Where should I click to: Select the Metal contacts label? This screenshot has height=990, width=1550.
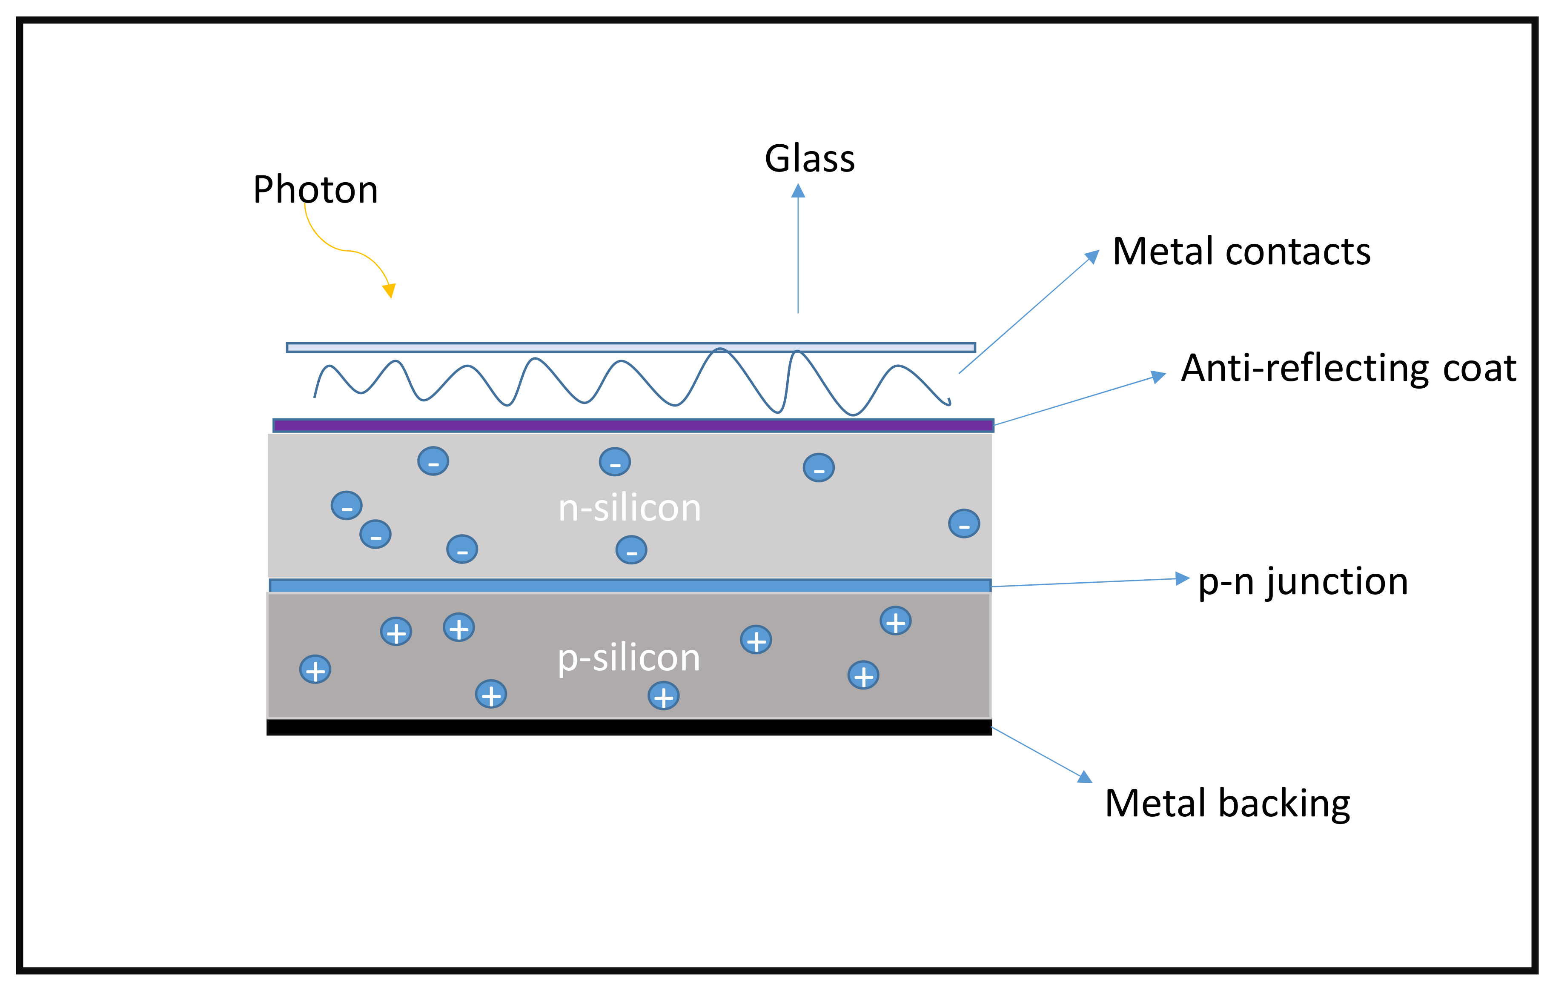pos(1241,251)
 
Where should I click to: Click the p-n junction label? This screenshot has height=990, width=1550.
pos(1302,581)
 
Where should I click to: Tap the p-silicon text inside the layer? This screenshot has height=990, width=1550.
pos(628,658)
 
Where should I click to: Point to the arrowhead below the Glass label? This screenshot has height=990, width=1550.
pos(798,191)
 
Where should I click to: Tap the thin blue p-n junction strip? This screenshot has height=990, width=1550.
pos(630,585)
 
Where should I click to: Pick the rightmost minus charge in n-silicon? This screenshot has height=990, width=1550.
pos(964,524)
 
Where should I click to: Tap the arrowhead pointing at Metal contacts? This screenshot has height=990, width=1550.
pos(1092,257)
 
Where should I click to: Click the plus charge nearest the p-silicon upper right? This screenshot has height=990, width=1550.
pos(895,621)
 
